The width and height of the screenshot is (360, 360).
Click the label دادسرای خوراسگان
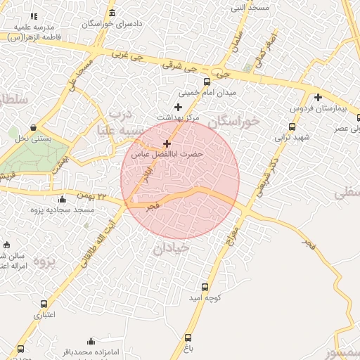(113, 24)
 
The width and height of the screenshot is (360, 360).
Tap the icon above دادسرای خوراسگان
(112, 13)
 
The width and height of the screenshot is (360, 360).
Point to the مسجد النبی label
(250, 9)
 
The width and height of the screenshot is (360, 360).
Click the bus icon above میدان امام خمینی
(206, 82)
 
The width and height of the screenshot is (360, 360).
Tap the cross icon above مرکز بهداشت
(178, 107)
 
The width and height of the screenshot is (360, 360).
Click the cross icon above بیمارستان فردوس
(318, 98)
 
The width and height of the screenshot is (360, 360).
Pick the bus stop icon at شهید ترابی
(292, 127)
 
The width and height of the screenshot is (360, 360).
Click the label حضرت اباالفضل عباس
(167, 153)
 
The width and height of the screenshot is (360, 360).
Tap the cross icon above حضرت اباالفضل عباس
(167, 143)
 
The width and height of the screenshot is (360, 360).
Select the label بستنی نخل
(34, 139)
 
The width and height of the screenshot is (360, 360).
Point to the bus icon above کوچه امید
(205, 287)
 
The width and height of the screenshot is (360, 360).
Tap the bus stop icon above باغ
(188, 337)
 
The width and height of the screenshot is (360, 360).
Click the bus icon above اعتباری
(44, 304)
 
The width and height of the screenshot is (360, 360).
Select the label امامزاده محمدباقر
(91, 351)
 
